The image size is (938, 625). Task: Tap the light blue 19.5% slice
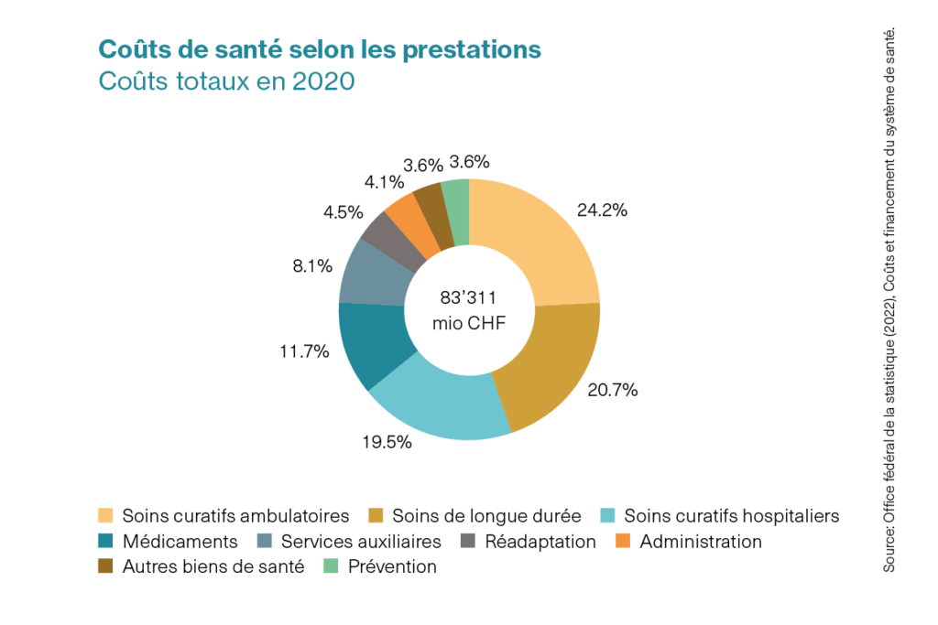click(x=440, y=407)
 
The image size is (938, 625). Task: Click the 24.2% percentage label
click(x=602, y=210)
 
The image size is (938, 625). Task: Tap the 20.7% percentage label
click(x=613, y=390)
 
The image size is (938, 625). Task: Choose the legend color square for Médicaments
click(x=105, y=542)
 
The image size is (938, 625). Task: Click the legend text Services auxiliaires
click(x=361, y=542)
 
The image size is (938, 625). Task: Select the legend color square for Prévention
click(x=331, y=566)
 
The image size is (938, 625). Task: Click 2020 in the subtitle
click(x=323, y=81)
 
